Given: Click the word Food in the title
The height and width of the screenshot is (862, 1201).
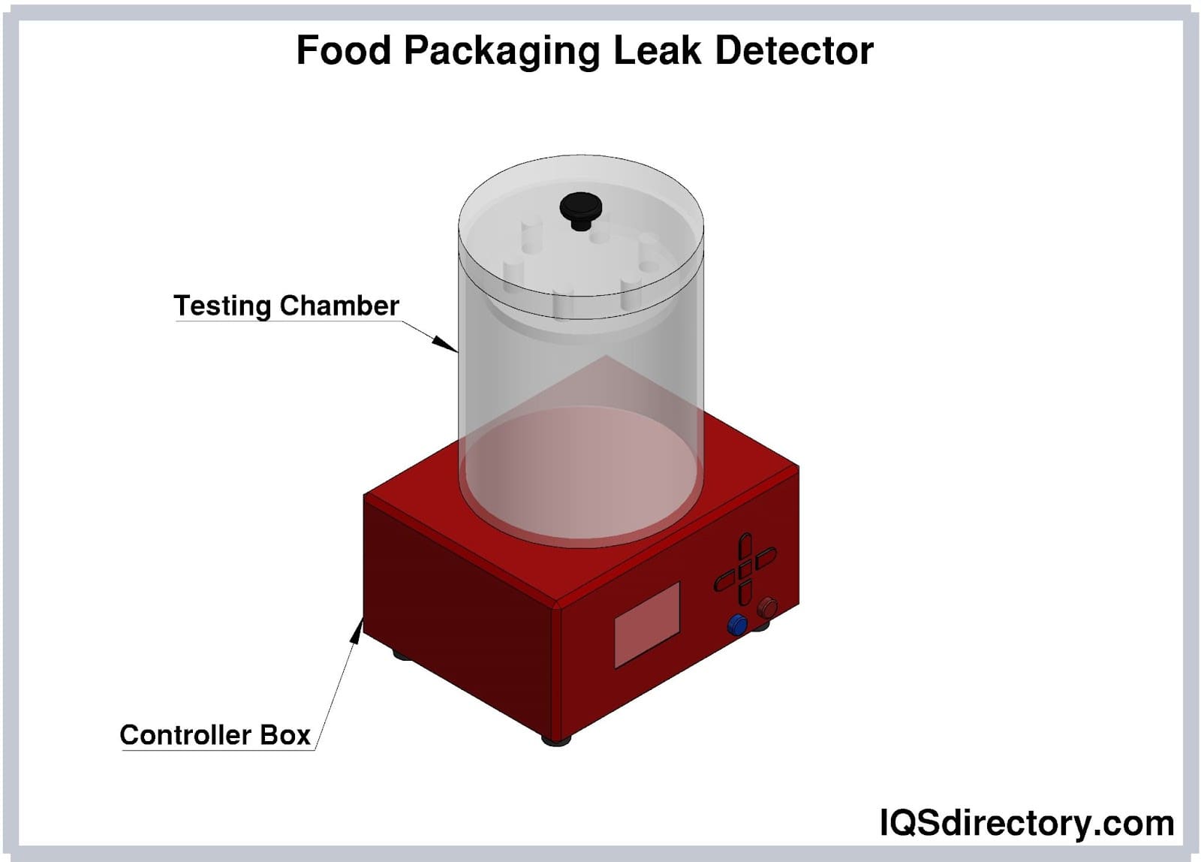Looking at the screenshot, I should click(x=343, y=50).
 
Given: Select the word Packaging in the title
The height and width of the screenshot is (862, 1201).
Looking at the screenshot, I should click(x=501, y=52).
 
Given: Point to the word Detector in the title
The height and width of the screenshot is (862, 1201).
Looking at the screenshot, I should click(x=794, y=50).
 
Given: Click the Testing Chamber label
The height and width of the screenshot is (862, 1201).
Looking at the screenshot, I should click(x=286, y=306).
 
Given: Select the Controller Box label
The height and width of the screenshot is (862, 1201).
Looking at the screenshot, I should click(x=215, y=734).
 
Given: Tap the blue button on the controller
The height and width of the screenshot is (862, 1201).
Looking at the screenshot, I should click(x=738, y=624).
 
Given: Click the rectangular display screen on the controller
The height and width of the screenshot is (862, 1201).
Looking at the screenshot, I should click(x=647, y=624).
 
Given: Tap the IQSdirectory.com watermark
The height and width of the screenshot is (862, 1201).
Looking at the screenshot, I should click(x=1026, y=823).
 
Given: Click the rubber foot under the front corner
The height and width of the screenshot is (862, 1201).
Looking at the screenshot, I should click(x=556, y=740).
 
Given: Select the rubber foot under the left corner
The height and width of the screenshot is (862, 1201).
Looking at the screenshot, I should click(x=402, y=656).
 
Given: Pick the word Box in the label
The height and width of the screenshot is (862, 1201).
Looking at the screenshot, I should click(x=285, y=734).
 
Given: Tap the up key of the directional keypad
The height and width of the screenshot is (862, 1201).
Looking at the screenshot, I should click(x=744, y=546).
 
